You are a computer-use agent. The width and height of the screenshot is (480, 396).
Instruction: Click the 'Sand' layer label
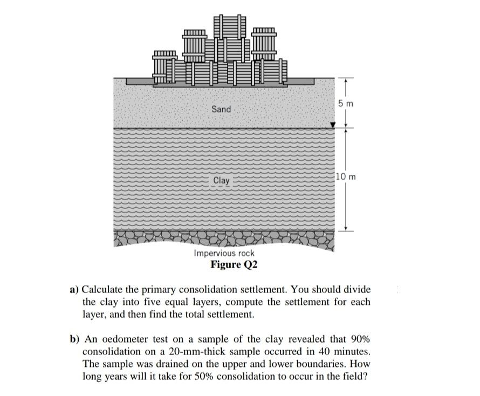click(x=221, y=109)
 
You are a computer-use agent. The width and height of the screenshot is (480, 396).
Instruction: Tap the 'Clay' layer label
click(x=221, y=180)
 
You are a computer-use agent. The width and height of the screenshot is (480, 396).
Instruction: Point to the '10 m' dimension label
click(x=346, y=176)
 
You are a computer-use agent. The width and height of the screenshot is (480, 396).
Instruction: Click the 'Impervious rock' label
click(x=224, y=253)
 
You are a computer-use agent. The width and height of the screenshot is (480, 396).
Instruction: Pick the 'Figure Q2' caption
click(x=234, y=264)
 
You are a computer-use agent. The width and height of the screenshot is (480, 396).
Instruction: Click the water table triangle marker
click(x=333, y=125)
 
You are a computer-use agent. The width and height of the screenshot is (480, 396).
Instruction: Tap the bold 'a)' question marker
click(x=74, y=290)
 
